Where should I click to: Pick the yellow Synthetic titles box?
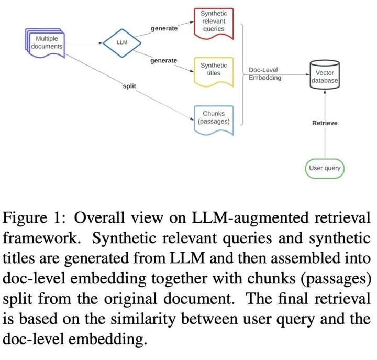[214, 69]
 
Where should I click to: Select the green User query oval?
[325, 168]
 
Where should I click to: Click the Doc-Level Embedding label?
[264, 73]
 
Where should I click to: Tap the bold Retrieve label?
[325, 123]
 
